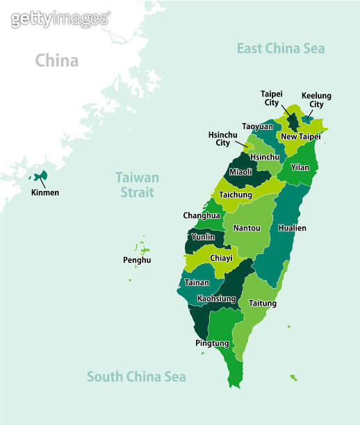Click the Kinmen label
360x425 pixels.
(x=44, y=192)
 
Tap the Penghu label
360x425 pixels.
(x=136, y=260)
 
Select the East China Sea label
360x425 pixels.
(x=280, y=49)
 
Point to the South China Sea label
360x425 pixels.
(x=136, y=376)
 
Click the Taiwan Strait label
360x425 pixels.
(x=137, y=185)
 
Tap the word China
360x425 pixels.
(x=57, y=61)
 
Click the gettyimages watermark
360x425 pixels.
(x=60, y=19)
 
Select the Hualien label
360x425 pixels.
(x=292, y=228)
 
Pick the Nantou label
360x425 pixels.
(x=247, y=228)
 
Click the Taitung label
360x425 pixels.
(x=263, y=303)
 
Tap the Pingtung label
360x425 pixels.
(x=212, y=343)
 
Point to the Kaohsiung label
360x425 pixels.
(x=216, y=299)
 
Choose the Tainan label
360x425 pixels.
(x=197, y=283)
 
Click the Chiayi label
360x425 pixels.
(x=221, y=258)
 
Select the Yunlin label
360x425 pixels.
(x=202, y=237)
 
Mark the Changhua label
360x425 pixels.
(x=202, y=215)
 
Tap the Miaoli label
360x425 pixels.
(x=240, y=172)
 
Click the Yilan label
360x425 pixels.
(x=300, y=167)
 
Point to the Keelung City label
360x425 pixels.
(x=316, y=100)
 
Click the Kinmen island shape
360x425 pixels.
(x=40, y=175)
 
